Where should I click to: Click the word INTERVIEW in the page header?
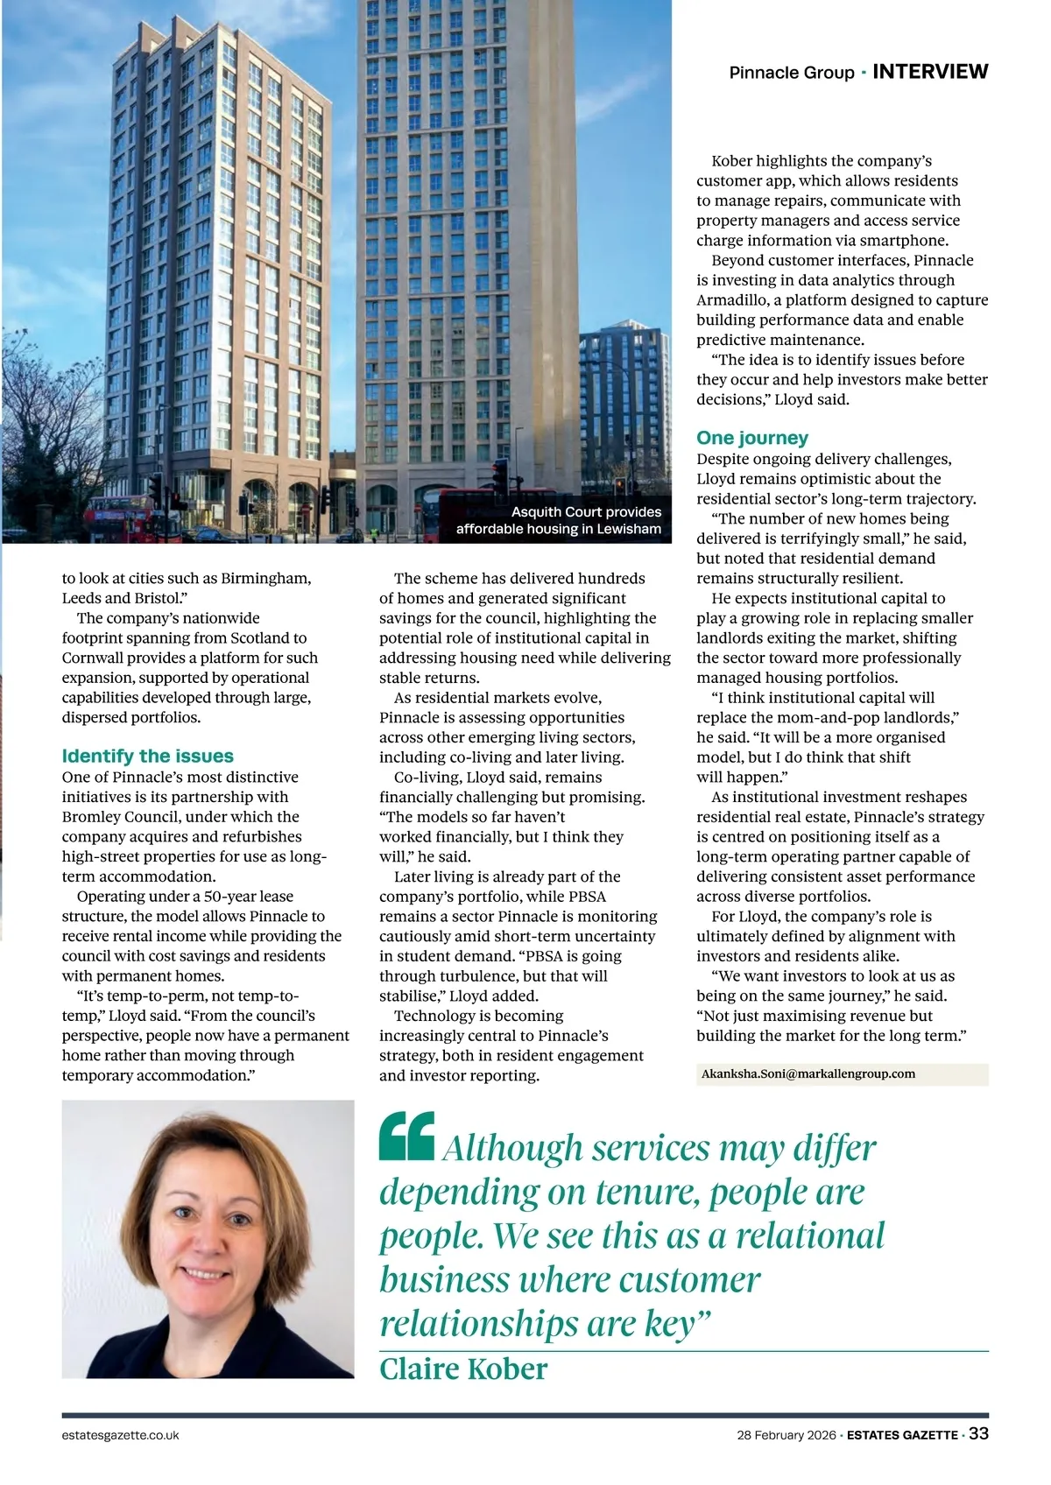click(930, 72)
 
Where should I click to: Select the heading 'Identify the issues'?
click(147, 756)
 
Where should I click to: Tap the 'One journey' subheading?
click(751, 438)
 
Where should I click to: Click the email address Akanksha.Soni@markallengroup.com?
click(808, 1073)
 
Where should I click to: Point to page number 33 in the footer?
click(978, 1434)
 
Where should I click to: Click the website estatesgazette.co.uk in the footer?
click(121, 1435)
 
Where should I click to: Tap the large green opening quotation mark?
click(407, 1136)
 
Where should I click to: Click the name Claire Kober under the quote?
click(463, 1369)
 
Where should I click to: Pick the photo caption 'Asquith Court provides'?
click(586, 511)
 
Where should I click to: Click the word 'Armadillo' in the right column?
click(732, 300)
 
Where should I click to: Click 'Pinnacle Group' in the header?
click(791, 73)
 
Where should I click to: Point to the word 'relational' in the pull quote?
click(809, 1235)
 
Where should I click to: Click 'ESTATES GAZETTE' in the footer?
click(901, 1435)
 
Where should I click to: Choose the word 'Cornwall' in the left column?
click(93, 658)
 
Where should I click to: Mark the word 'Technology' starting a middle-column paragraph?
click(434, 1016)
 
